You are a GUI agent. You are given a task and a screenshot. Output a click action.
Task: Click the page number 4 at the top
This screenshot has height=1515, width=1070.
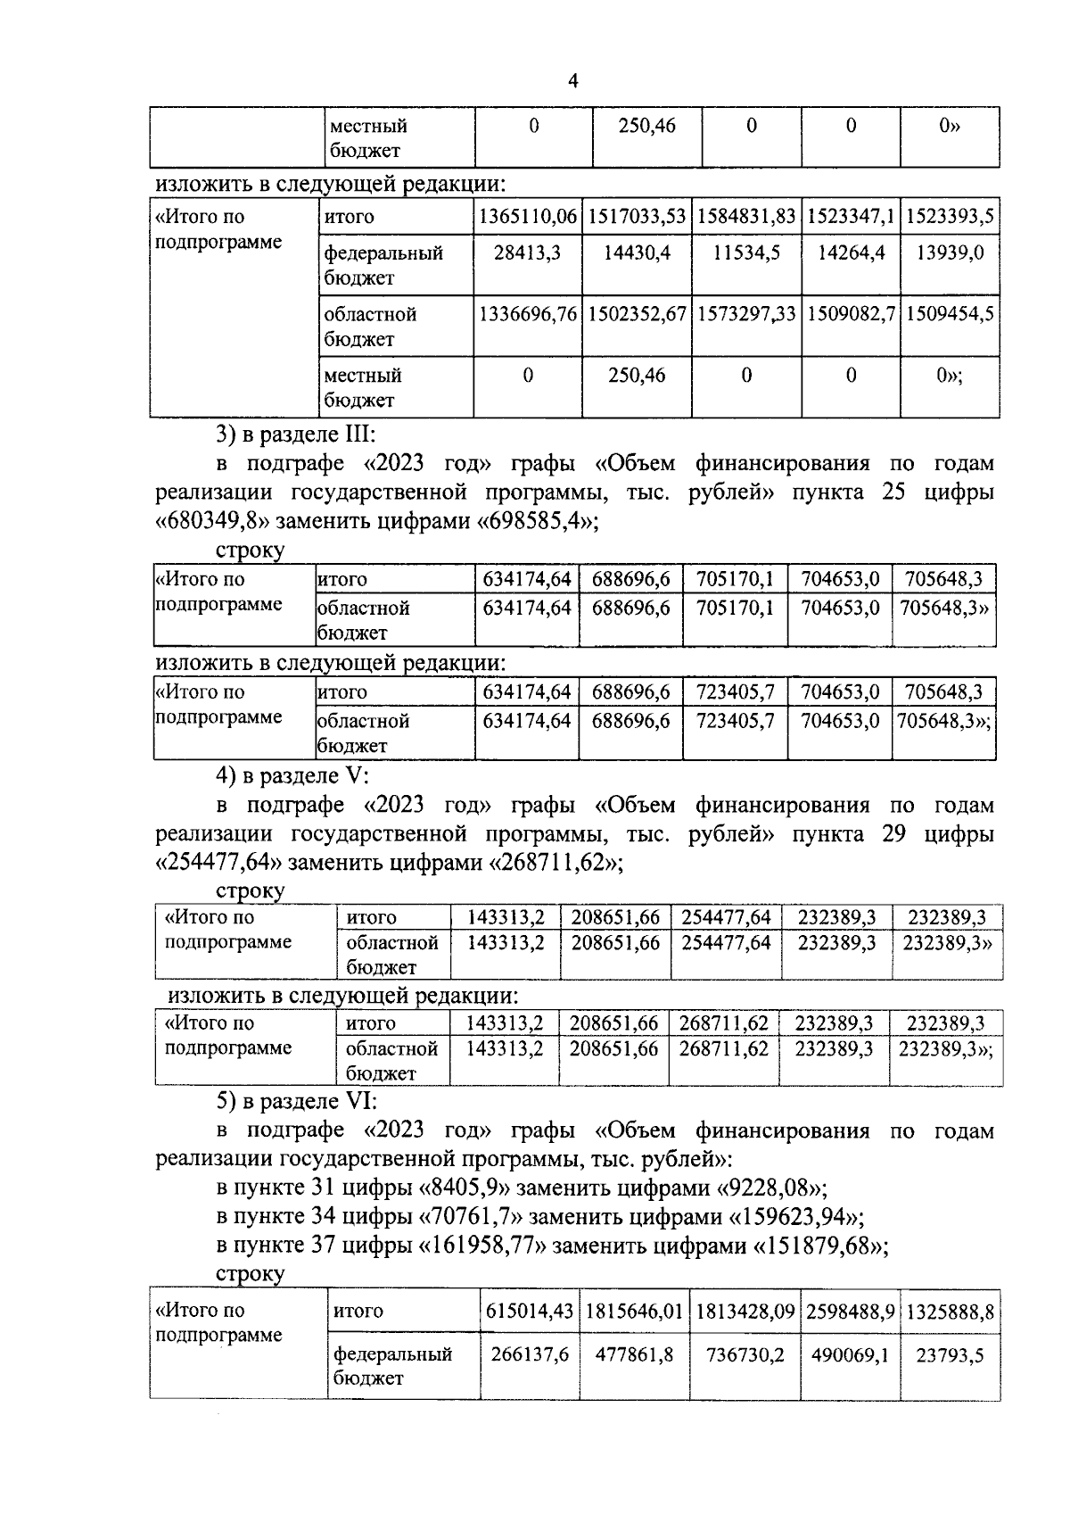pos(573,82)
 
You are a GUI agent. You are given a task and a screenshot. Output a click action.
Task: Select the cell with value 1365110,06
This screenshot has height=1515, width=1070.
pos(528,217)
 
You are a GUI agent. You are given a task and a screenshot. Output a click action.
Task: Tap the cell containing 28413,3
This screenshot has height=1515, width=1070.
pos(527,253)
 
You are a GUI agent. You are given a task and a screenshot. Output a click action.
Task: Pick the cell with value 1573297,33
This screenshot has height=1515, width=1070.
pos(746,314)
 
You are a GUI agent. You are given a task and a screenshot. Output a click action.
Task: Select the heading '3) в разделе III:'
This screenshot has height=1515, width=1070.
pos(297,435)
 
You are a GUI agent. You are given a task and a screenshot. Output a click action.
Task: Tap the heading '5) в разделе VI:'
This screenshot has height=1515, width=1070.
pos(297,1102)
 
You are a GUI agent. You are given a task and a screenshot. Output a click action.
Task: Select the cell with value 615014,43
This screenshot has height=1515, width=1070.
pos(529,1312)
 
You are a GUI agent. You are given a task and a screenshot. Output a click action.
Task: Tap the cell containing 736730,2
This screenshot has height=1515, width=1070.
pos(745,1355)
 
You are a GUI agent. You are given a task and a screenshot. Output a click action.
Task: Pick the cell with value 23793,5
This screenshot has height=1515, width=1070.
pos(950,1355)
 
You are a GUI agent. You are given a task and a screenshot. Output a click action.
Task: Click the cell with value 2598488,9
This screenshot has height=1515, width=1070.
pos(851,1312)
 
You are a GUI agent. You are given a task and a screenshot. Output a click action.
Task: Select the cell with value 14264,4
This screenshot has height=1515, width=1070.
pos(851,253)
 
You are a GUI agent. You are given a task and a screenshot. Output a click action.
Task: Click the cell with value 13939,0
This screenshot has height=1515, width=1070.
pos(950,253)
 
